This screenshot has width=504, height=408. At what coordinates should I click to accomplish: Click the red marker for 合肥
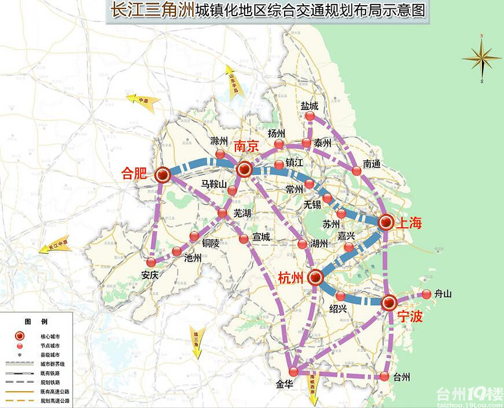[162, 174]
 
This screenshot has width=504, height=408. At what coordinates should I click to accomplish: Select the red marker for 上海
[386, 222]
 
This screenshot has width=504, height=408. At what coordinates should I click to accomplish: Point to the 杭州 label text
[290, 278]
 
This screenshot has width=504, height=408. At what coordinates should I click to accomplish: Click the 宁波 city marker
[389, 302]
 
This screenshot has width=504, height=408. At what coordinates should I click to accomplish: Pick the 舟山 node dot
[426, 294]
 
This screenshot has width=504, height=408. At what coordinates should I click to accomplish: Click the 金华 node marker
[294, 372]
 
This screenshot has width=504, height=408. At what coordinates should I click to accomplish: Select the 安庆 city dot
[151, 262]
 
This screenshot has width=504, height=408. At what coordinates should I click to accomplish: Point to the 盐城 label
[309, 106]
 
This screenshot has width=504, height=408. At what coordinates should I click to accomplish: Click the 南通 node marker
[356, 171]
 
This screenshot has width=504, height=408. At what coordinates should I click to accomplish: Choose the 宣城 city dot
[243, 239]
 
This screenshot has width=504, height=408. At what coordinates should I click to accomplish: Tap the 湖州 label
[319, 244]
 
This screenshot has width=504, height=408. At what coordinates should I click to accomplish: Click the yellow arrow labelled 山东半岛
[231, 80]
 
